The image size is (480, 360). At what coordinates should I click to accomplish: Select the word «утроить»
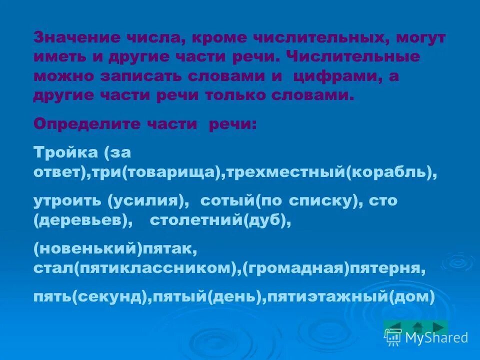tap(68, 200)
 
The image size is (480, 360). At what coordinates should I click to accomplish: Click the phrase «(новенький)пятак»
tap(112, 248)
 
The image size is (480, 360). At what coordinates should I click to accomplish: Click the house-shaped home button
tap(418, 327)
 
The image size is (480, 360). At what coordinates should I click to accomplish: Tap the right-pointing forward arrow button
tap(439, 327)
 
